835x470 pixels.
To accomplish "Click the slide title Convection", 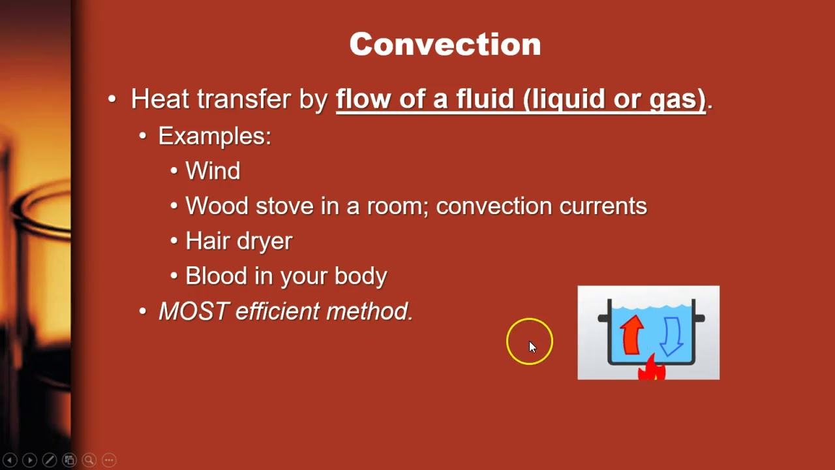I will pyautogui.click(x=445, y=44).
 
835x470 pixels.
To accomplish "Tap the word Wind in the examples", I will pyautogui.click(x=213, y=171).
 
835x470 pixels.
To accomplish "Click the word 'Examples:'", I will pyautogui.click(x=215, y=136).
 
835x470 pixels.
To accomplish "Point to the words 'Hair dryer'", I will pyautogui.click(x=239, y=241).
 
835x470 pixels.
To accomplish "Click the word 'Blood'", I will pyautogui.click(x=217, y=275).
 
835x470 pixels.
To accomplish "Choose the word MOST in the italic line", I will pyautogui.click(x=194, y=311).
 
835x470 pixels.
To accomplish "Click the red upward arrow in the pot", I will pyautogui.click(x=631, y=335).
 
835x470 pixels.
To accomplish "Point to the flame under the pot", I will pyautogui.click(x=652, y=369).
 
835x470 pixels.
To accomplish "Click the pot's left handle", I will pyautogui.click(x=603, y=319).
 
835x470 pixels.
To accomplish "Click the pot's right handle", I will pyautogui.click(x=699, y=319).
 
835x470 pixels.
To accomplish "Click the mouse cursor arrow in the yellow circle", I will pyautogui.click(x=532, y=347).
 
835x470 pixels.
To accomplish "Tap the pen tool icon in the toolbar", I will pyautogui.click(x=49, y=460).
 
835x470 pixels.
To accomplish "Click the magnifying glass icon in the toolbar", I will pyautogui.click(x=89, y=460).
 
